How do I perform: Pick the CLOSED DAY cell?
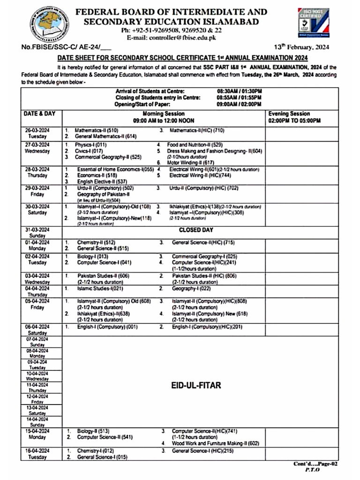tap(195, 230)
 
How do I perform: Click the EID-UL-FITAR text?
tap(196, 385)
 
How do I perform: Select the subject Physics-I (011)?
tap(91, 145)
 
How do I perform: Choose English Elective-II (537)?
tap(102, 181)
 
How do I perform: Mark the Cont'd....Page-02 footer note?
tap(315, 464)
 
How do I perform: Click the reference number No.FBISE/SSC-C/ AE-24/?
tap(66, 48)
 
